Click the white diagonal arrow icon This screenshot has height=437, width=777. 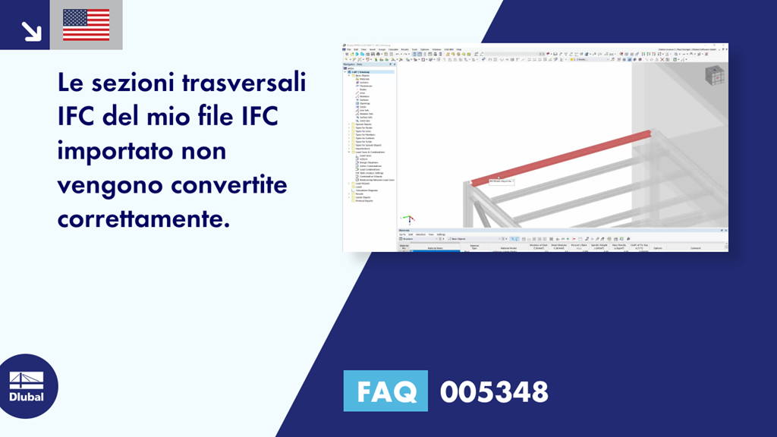[31, 30]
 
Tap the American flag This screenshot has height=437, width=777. [86, 25]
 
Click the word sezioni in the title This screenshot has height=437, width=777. [140, 83]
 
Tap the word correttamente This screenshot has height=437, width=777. [143, 218]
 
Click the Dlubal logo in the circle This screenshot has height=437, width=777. [27, 386]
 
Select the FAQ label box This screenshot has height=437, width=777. [385, 391]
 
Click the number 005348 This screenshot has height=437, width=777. [494, 391]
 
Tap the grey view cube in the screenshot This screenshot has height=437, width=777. [714, 76]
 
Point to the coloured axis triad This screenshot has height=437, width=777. [407, 218]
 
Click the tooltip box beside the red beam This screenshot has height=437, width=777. [501, 181]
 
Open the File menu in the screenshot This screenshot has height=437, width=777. [348, 49]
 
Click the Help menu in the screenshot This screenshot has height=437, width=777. [480, 49]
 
